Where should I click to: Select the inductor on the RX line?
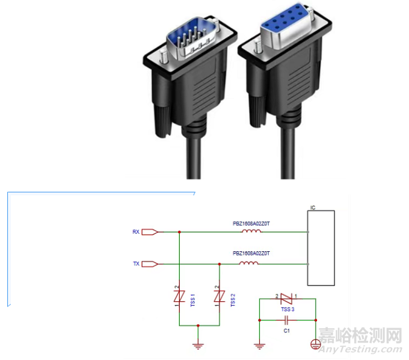point(251,231)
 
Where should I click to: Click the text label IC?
point(313,207)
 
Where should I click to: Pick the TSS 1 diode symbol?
point(179,296)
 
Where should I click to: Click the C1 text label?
point(287,330)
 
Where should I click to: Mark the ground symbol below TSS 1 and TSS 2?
point(198,345)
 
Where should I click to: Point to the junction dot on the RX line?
point(179,231)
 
